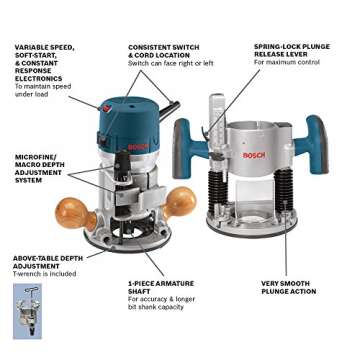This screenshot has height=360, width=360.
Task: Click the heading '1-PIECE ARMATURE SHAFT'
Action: coord(155,287)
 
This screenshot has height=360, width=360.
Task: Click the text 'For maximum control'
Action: coord(286,63)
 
